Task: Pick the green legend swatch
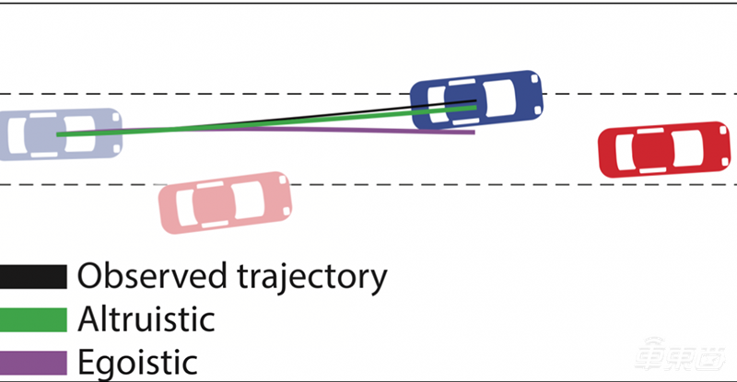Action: click(33, 319)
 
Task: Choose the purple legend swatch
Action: click(33, 362)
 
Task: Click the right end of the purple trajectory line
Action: click(474, 133)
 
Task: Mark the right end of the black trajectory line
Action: click(475, 101)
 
